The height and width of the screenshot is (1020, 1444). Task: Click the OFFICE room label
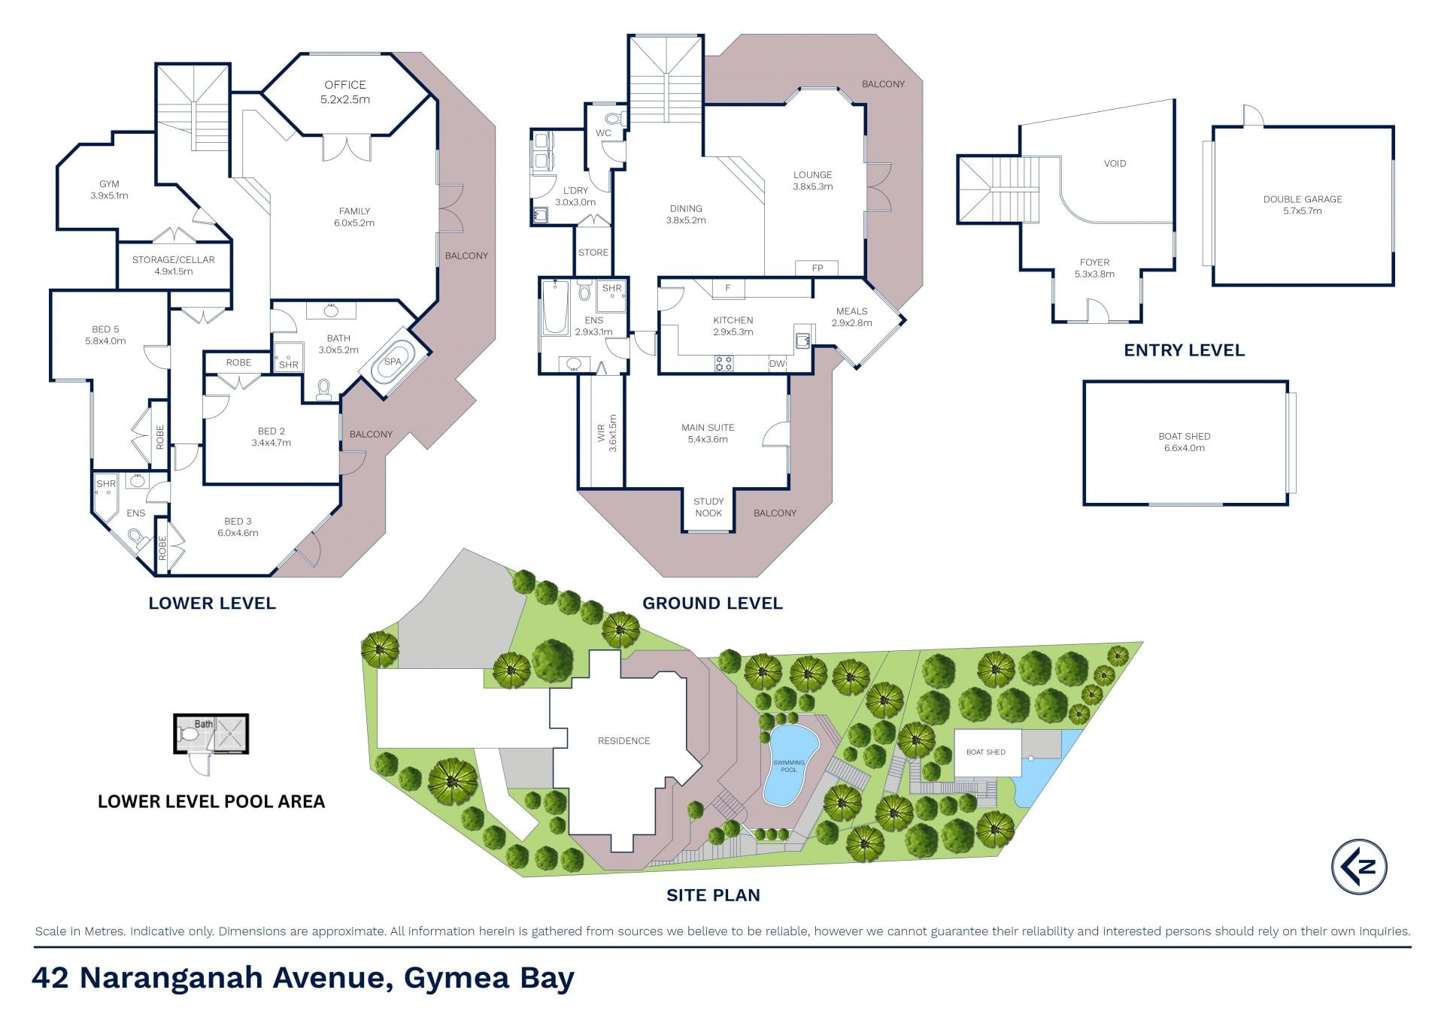pyautogui.click(x=345, y=92)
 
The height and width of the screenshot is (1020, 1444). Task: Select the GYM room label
pyautogui.click(x=109, y=189)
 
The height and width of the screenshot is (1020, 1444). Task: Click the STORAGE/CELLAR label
pyautogui.click(x=174, y=265)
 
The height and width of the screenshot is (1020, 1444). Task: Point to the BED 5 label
pyautogui.click(x=105, y=334)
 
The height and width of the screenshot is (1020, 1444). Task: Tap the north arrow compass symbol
pyautogui.click(x=1359, y=866)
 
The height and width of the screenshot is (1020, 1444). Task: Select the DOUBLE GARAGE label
pyautogui.click(x=1303, y=204)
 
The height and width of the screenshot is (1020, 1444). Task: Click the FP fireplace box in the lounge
pyautogui.click(x=818, y=268)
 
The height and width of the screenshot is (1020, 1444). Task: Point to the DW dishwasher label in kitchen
pyautogui.click(x=777, y=364)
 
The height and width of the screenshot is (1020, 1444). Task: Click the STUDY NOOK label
pyautogui.click(x=708, y=507)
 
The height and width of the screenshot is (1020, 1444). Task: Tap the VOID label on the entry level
pyautogui.click(x=1115, y=163)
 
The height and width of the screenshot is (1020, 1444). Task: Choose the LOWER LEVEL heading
pyautogui.click(x=212, y=603)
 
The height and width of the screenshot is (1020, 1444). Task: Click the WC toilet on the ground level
pyautogui.click(x=613, y=118)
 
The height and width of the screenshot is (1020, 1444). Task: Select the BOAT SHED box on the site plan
pyautogui.click(x=986, y=752)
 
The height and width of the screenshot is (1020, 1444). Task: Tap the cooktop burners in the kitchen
pyautogui.click(x=724, y=364)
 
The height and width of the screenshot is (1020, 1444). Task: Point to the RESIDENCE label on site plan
pyautogui.click(x=623, y=740)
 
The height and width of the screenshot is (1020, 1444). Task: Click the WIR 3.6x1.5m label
pyautogui.click(x=606, y=432)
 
